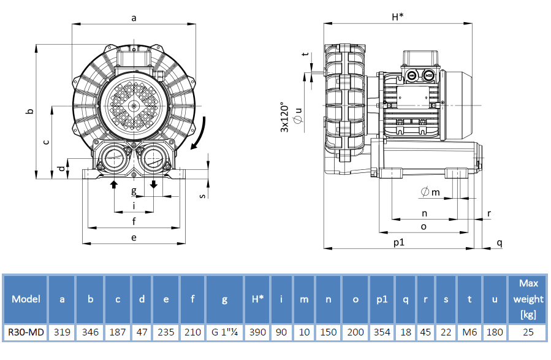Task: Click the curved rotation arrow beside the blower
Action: point(200,134)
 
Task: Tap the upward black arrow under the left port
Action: point(114,185)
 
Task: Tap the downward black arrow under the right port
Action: point(154,185)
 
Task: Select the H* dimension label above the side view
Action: point(397,17)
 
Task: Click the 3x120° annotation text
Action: point(284,117)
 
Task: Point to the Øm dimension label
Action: point(430,193)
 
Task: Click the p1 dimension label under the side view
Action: point(399,242)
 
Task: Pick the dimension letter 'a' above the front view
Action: point(134,18)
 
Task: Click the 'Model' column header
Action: point(26,299)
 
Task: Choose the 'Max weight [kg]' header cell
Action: point(528,299)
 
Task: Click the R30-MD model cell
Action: point(26,332)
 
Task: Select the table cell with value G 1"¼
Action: point(224,332)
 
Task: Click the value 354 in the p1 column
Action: point(381,332)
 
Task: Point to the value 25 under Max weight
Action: point(528,332)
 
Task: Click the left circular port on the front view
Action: point(114,158)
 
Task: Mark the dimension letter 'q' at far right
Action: point(499,243)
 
